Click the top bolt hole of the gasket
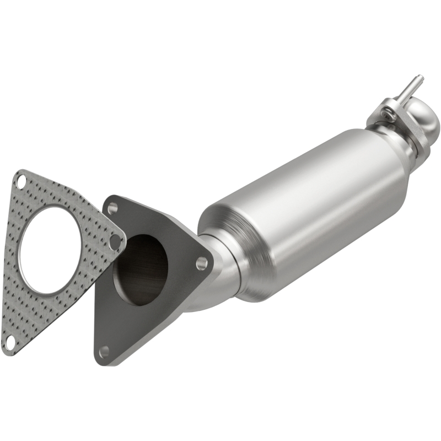[20, 180]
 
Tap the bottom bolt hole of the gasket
[9, 343]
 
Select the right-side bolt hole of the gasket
[115, 241]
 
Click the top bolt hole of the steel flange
[113, 208]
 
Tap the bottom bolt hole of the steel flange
[104, 351]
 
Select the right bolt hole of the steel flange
[202, 263]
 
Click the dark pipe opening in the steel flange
[141, 270]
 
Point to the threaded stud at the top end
[411, 88]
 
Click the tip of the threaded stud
[420, 77]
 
